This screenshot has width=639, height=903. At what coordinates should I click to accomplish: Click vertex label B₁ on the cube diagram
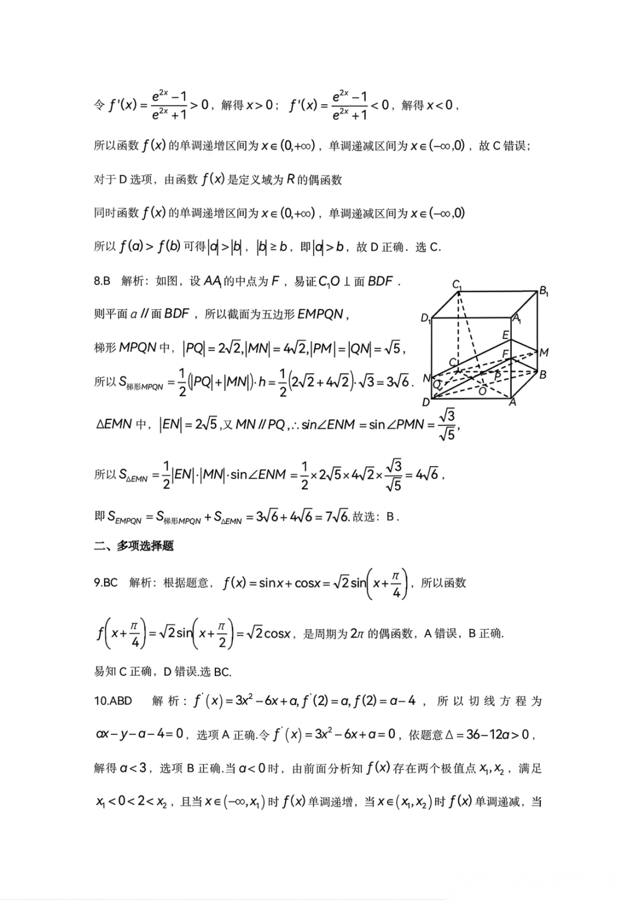coord(543,291)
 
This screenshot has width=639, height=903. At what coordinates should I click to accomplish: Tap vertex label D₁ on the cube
coord(425,318)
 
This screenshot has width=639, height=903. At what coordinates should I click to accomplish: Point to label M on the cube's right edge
coord(544,352)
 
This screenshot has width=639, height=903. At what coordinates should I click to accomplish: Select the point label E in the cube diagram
coord(505,335)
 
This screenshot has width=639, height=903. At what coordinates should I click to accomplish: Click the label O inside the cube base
coord(482,391)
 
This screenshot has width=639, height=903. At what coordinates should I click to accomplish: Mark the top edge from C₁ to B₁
coord(497,290)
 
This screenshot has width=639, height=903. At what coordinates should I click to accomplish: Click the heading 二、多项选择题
coord(134,546)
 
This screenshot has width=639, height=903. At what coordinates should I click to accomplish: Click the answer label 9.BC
coord(106,583)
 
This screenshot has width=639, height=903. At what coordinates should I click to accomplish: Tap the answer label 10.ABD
coord(113,701)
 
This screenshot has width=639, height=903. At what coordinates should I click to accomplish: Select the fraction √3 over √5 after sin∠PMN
coord(447,425)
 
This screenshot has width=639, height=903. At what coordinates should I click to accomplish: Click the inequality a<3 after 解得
coord(133,768)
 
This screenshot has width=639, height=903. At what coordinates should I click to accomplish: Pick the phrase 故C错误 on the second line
coord(504,145)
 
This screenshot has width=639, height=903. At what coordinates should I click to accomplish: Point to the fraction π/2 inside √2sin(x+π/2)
coord(222,634)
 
